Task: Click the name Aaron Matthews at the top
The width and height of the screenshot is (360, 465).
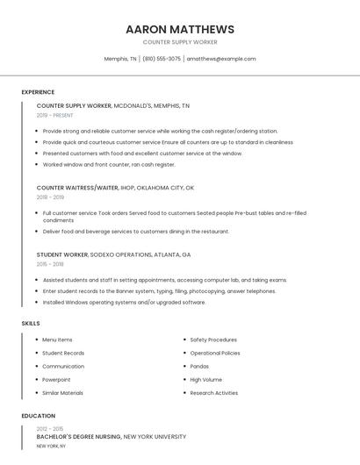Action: [180, 29]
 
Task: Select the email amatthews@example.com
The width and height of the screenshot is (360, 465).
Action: [221, 59]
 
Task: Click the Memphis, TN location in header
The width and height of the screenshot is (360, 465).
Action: [120, 59]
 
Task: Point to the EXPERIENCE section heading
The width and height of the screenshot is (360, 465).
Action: [38, 92]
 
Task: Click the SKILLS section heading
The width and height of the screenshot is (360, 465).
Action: [31, 324]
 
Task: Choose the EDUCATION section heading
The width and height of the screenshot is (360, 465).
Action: [38, 416]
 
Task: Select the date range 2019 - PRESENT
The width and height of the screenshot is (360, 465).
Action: [55, 115]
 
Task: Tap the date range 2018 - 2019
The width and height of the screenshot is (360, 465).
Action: [50, 197]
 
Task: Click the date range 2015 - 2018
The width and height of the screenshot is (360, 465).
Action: [50, 263]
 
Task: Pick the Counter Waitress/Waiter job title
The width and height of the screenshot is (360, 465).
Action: [77, 188]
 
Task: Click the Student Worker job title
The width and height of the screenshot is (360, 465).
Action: [62, 254]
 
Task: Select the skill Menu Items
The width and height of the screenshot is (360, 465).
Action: [57, 340]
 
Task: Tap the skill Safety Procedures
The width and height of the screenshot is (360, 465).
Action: [213, 340]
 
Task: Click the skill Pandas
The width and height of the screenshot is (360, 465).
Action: [199, 366]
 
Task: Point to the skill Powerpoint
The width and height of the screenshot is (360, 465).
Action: [56, 379]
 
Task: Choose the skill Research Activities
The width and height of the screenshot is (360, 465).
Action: [213, 393]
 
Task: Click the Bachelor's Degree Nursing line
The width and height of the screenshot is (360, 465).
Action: [111, 436]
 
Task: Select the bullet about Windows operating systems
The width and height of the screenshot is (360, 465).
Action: [124, 302]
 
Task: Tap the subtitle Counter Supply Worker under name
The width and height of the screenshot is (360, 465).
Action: [180, 42]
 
